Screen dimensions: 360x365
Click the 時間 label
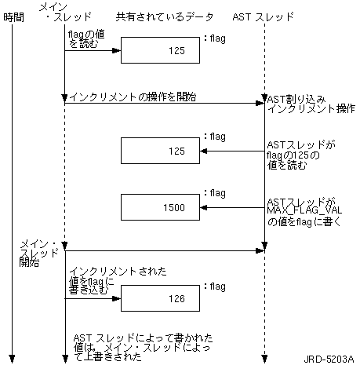[13, 17]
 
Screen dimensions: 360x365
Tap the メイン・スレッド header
[65, 12]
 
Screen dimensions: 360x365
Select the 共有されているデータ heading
[165, 17]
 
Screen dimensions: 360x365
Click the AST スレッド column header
[264, 17]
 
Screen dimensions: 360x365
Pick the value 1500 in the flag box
[174, 207]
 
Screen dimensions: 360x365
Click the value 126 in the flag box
[176, 298]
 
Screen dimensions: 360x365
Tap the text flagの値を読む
[86, 38]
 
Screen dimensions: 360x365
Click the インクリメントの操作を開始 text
[133, 97]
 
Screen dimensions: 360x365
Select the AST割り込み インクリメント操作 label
[311, 104]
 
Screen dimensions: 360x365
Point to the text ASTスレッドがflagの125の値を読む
[300, 155]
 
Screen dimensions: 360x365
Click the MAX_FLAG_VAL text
[304, 210]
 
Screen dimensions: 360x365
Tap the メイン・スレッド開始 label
[39, 254]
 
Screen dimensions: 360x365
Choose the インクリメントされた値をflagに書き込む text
[118, 280]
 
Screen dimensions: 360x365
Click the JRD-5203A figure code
[329, 359]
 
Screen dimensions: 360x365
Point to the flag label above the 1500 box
[215, 193]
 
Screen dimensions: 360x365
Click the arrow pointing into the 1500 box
[232, 208]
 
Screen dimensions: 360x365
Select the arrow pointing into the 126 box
[93, 298]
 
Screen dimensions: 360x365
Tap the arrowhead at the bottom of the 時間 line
[12, 359]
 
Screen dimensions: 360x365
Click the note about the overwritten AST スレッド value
[144, 347]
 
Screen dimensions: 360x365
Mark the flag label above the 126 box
[215, 287]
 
